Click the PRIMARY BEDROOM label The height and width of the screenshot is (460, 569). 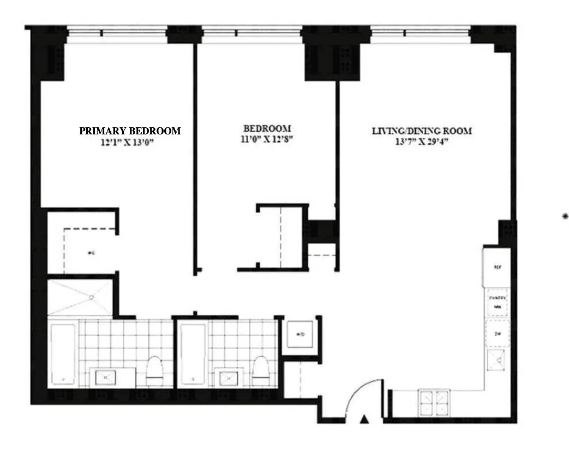point(130,131)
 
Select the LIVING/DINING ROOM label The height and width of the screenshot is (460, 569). point(422,131)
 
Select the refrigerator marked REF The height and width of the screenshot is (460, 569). point(496,267)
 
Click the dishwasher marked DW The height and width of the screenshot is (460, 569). point(498,333)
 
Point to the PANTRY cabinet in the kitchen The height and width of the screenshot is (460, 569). point(498,302)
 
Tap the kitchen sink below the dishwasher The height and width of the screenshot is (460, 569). point(496,360)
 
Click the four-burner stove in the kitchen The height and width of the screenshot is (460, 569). point(434,403)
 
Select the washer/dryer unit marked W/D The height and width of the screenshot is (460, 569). point(301,335)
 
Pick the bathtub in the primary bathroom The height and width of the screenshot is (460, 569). point(62,355)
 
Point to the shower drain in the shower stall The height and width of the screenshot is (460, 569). point(92,297)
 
